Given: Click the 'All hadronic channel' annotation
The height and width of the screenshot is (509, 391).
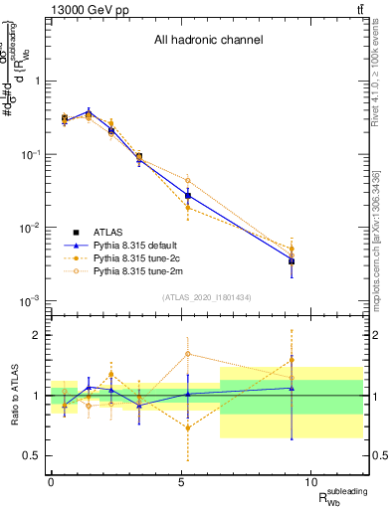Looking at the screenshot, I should coord(208,41).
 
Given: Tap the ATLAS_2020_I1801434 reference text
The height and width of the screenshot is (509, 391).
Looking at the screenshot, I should coord(208,298).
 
